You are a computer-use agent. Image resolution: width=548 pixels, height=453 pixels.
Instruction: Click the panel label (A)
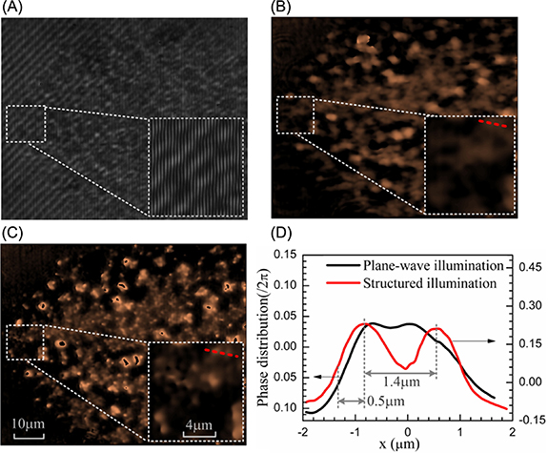coord(16,9)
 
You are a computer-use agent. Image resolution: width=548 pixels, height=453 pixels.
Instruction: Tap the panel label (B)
coord(287,9)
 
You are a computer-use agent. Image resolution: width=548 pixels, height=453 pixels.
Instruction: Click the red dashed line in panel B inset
coord(493,123)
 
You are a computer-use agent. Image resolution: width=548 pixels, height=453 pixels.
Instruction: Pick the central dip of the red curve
coord(407,366)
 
